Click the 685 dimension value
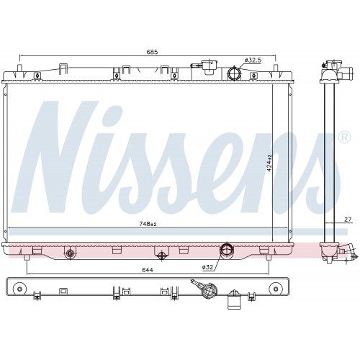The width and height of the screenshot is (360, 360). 152,52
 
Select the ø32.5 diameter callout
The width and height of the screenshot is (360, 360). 253,60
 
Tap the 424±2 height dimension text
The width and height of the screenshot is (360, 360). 269,163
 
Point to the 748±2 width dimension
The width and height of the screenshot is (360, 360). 148,224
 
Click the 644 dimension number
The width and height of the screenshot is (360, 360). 148,270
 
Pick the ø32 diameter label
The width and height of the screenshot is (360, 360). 207,267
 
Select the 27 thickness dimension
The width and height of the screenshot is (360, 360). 348,219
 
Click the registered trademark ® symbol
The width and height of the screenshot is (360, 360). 344,138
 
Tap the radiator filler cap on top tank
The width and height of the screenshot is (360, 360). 209,66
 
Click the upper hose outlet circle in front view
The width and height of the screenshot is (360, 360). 234,73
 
